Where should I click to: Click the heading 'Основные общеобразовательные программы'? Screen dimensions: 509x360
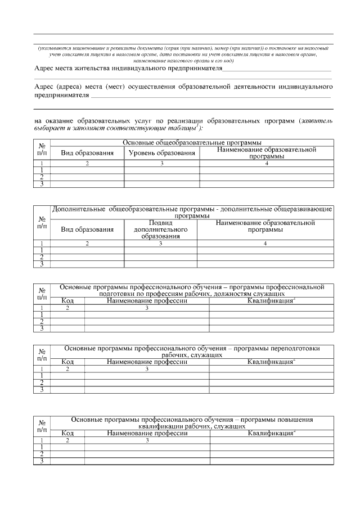click(192, 143)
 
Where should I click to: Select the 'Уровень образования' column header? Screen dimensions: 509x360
click(161, 153)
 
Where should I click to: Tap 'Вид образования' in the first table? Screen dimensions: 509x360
click(87, 153)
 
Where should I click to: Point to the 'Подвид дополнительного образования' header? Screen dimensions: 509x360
click(160, 229)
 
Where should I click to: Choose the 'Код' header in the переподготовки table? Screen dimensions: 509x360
click(67, 362)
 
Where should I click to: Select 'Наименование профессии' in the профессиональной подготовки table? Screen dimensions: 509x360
click(147, 301)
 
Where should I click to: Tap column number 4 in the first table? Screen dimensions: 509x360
click(267, 163)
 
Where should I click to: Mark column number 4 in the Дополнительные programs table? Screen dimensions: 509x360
click(265, 244)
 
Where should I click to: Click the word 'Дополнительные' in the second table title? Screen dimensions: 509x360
click(77, 209)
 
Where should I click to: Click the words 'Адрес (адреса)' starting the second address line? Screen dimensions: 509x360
click(56, 87)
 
